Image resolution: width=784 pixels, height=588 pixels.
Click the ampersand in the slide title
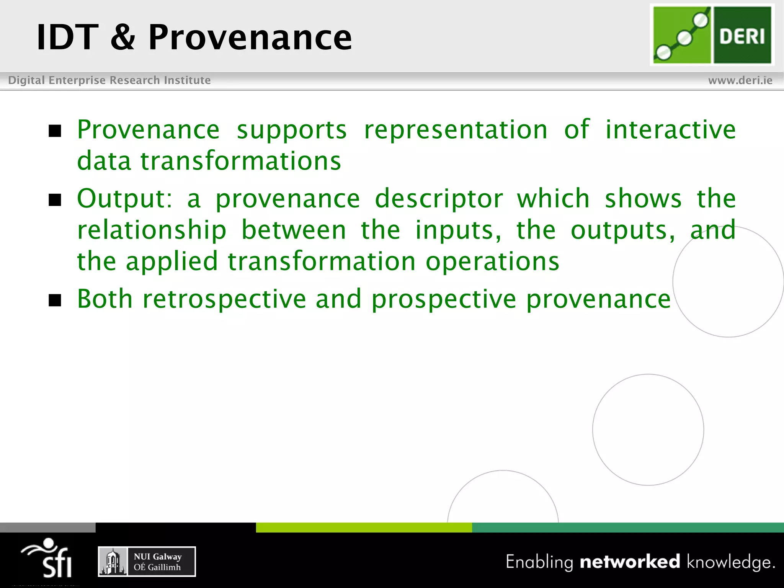[122, 37]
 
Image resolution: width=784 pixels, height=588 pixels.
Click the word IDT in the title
[67, 37]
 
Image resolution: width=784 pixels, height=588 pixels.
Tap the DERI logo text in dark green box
[742, 37]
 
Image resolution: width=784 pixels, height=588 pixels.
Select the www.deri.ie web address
[740, 80]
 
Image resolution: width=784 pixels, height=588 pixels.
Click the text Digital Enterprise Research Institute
[109, 80]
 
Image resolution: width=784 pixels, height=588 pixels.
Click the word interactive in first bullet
[670, 129]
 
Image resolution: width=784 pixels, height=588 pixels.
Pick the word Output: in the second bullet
[125, 199]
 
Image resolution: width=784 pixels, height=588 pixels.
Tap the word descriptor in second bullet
[439, 199]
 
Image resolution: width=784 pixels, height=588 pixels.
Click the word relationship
[152, 230]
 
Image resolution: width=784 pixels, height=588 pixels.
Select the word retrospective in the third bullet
[224, 299]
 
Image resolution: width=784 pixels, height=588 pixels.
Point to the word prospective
[444, 299]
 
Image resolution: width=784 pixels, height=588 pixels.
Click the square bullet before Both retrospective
[55, 301]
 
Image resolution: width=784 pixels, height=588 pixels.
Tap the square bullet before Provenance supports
[55, 131]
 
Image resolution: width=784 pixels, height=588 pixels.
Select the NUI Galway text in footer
[157, 557]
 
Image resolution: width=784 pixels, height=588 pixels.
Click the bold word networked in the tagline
[630, 562]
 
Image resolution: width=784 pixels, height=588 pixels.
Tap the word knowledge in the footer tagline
[730, 562]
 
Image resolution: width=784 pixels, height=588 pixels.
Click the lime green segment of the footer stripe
[364, 528]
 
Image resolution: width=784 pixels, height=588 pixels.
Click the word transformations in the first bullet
[240, 161]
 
